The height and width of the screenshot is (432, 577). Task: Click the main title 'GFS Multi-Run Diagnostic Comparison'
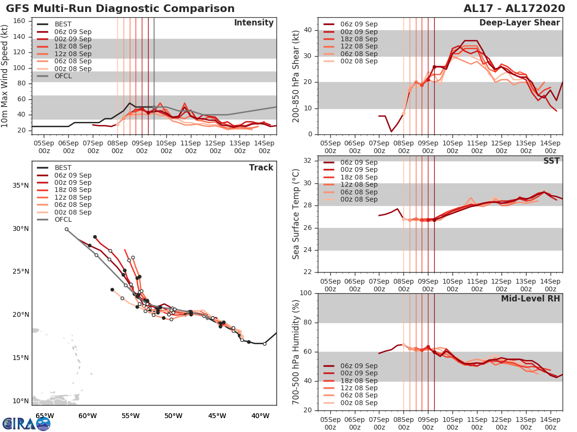(120, 9)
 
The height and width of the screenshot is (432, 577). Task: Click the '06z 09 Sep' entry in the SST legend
(358, 162)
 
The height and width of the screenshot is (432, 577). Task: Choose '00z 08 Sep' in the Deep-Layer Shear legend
(358, 61)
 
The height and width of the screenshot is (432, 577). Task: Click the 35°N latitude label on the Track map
(20, 186)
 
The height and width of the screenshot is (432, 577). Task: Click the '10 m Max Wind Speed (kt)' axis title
(5, 76)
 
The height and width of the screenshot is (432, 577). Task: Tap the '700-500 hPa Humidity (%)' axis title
(296, 351)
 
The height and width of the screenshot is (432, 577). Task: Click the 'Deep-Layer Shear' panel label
(519, 23)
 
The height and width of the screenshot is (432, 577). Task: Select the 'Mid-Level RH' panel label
(530, 299)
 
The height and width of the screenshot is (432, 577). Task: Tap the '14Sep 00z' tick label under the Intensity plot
(264, 147)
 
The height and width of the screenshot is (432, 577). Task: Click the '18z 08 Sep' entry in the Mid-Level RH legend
(358, 381)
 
